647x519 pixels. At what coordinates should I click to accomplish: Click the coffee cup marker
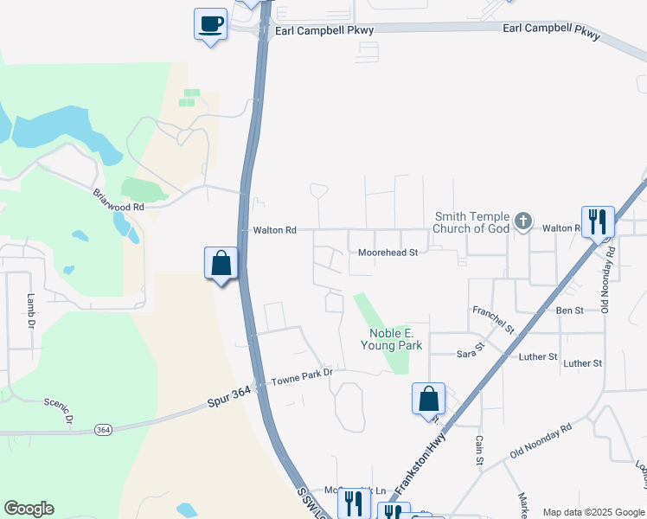point(210,23)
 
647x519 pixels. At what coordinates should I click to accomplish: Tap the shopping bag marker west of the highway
point(221,263)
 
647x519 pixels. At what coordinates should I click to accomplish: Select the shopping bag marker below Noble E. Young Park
point(428,399)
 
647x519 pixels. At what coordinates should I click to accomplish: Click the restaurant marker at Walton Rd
point(598,222)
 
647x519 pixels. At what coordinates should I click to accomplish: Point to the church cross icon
point(522,222)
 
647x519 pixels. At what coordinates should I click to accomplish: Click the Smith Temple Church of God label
point(471,223)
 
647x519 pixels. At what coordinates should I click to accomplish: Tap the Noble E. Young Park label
point(395,339)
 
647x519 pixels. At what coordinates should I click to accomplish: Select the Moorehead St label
point(388,253)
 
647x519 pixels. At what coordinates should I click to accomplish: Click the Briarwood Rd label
point(119,200)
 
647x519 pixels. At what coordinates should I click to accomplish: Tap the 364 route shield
point(104,430)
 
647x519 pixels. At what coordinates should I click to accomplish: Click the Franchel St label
point(493,319)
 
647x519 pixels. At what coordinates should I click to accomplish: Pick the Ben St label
point(570,310)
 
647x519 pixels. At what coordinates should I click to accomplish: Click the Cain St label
point(478,450)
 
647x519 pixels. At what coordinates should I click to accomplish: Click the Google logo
point(29,509)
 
